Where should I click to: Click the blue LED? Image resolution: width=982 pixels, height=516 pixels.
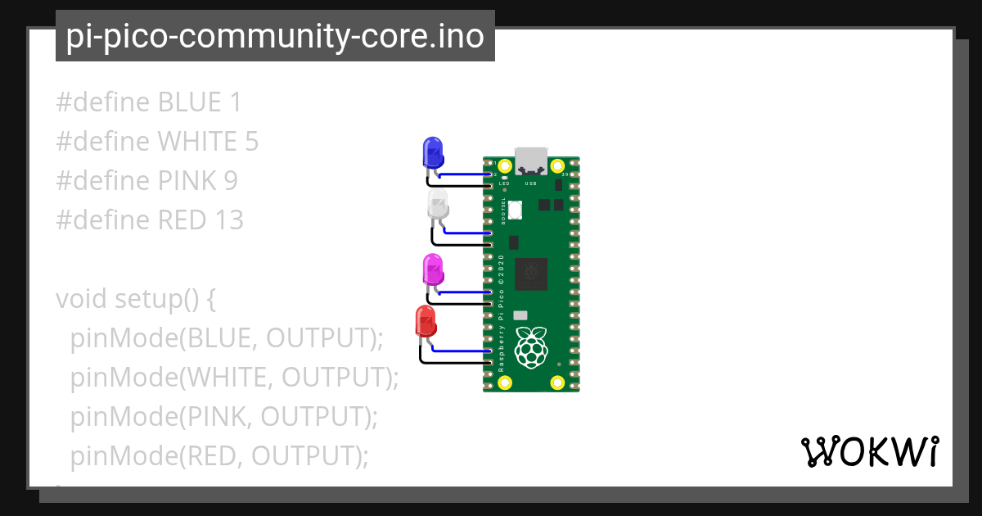pyautogui.click(x=432, y=152)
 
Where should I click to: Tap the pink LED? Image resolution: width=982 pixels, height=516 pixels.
pyautogui.click(x=432, y=269)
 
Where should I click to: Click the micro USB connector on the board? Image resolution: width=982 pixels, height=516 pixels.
pyautogui.click(x=531, y=158)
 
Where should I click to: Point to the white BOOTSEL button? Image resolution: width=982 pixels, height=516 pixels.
pyautogui.click(x=515, y=210)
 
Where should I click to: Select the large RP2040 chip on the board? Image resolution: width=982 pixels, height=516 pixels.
pyautogui.click(x=531, y=274)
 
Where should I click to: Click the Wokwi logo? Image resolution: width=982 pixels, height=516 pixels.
pyautogui.click(x=869, y=451)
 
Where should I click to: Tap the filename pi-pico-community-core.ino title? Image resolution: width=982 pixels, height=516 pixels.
pyautogui.click(x=275, y=36)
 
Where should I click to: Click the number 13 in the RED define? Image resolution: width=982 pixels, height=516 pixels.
pyautogui.click(x=229, y=220)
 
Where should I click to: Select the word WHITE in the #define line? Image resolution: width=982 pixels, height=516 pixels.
pyautogui.click(x=197, y=142)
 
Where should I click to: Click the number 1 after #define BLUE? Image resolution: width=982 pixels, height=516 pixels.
pyautogui.click(x=236, y=102)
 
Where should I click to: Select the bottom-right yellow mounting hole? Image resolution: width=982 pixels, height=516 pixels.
pyautogui.click(x=557, y=382)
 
